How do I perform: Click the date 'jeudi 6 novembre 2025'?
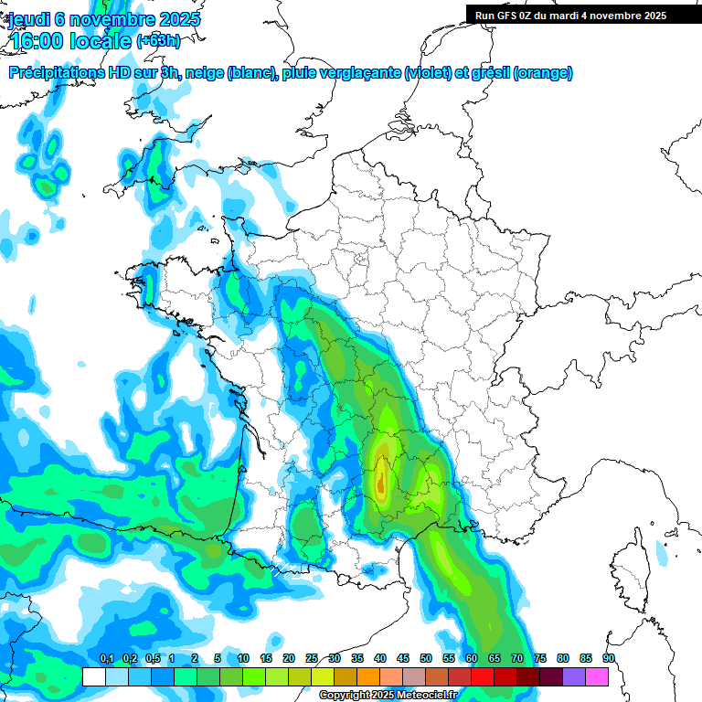click(104, 19)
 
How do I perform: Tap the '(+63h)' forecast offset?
click(158, 40)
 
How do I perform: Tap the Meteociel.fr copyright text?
click(388, 696)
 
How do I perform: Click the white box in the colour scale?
click(94, 676)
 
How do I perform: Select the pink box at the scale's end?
click(597, 676)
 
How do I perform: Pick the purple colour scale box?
click(574, 676)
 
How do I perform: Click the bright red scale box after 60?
click(483, 676)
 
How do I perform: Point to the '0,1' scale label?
click(106, 659)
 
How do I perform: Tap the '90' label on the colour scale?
click(609, 659)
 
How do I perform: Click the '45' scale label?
click(403, 659)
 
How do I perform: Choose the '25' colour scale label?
click(312, 659)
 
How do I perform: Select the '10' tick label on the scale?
click(243, 659)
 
